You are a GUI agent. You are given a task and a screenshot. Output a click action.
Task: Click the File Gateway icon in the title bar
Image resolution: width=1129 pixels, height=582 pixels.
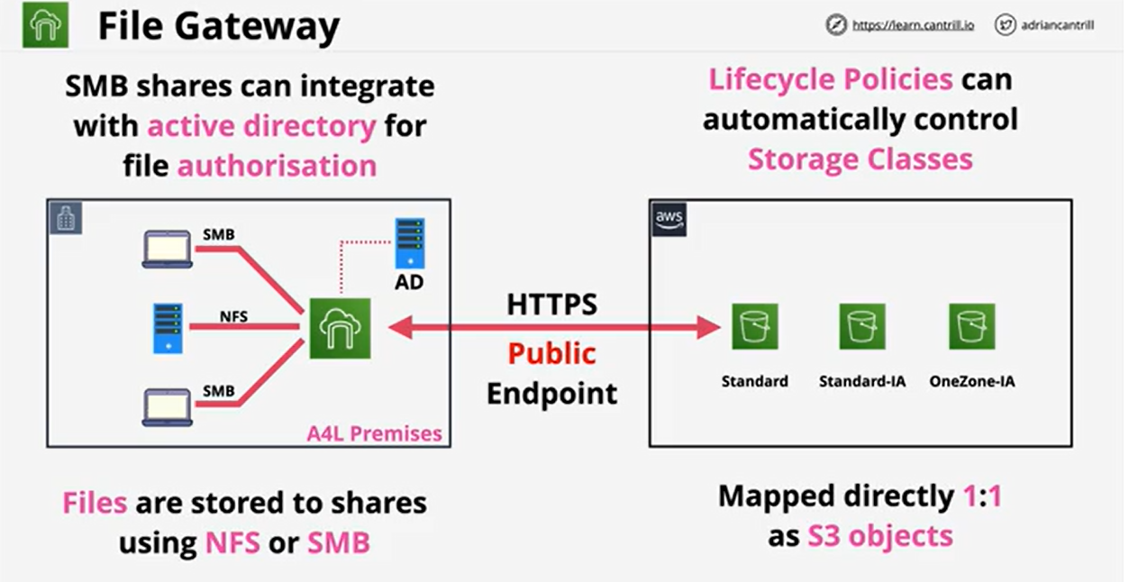pyautogui.click(x=45, y=26)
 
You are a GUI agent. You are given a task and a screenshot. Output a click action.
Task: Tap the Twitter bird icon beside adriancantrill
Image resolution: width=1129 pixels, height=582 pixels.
pyautogui.click(x=1006, y=25)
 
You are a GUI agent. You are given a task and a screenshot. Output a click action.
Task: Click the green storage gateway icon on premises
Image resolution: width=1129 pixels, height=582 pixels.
pyautogui.click(x=341, y=329)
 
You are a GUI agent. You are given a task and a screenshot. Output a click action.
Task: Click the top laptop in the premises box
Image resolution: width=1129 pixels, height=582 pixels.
pyautogui.click(x=168, y=250)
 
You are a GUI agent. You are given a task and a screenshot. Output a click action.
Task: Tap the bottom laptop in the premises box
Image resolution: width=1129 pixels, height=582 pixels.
pyautogui.click(x=168, y=407)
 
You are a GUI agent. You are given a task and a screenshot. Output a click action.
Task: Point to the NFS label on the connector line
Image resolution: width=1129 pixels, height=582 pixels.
pyautogui.click(x=234, y=317)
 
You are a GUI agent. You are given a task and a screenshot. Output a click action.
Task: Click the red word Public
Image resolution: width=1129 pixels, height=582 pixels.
pyautogui.click(x=551, y=352)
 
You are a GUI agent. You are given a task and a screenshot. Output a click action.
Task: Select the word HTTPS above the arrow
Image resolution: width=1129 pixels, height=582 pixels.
pyautogui.click(x=551, y=305)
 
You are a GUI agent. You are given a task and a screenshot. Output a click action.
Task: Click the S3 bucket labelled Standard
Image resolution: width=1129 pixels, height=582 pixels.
pyautogui.click(x=754, y=326)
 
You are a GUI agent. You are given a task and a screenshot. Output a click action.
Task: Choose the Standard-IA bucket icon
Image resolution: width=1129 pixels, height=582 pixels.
pyautogui.click(x=862, y=326)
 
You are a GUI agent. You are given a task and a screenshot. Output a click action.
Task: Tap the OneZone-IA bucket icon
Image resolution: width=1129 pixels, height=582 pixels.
pyautogui.click(x=971, y=326)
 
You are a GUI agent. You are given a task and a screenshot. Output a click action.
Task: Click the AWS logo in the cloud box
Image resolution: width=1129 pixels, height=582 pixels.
pyautogui.click(x=669, y=220)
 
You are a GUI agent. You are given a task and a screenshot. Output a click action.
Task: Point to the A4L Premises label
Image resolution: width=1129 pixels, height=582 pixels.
pyautogui.click(x=374, y=433)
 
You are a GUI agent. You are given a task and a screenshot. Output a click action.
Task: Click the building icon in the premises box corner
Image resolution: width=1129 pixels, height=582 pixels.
pyautogui.click(x=66, y=218)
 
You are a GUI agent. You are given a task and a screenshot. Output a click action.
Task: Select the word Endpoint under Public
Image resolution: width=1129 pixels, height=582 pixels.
pyautogui.click(x=551, y=393)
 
